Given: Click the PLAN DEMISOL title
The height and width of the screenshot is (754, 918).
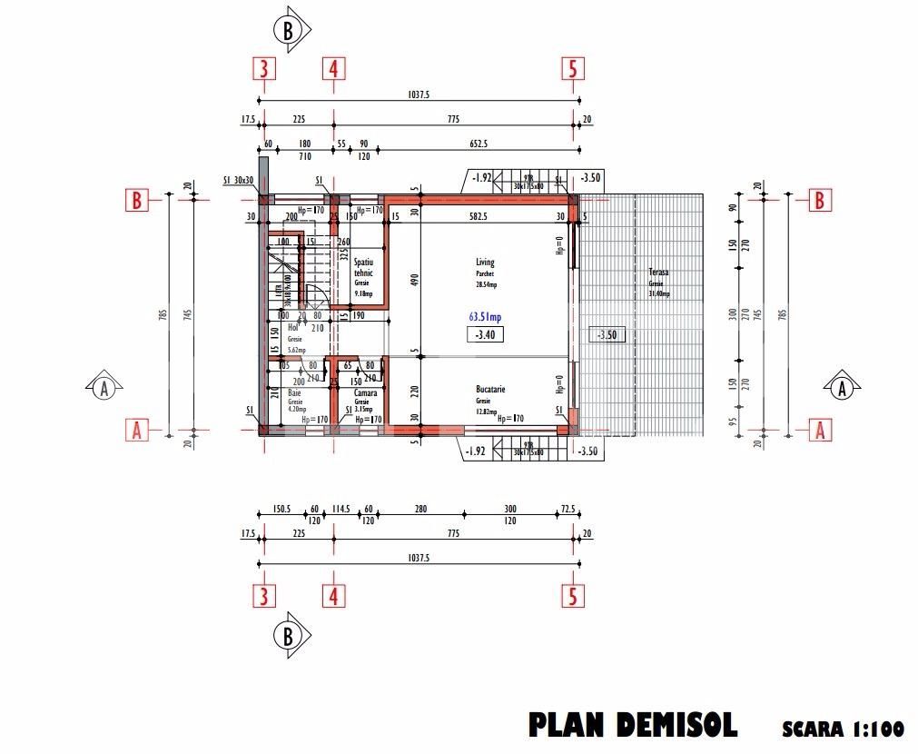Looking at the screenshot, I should pos(632,725).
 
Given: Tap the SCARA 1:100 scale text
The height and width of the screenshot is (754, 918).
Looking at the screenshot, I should pos(843,728).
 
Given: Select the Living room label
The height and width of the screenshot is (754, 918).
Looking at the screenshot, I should pos(485,263).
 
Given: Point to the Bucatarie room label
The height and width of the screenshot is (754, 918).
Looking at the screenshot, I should pos(490,389).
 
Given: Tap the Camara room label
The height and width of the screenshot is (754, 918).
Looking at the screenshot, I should pos(365,393).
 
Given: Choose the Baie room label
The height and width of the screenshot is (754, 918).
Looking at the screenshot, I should pos(294,393).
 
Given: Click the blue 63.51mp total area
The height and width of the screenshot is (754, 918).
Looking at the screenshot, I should pos(486,318).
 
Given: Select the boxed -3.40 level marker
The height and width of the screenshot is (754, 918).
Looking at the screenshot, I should pos(486,334).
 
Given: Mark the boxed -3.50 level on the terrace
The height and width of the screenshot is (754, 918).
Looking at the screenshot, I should pos(607,334).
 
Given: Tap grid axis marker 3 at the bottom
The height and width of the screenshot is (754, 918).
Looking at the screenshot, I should pos(263,595).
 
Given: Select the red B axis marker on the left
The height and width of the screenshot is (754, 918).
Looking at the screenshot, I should pos(136,200).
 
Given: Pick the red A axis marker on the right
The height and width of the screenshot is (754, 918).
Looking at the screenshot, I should pos(820,430).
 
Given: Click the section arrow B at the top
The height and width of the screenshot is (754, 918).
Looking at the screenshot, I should pos(290,30).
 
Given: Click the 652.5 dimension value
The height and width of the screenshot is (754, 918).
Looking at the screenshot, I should pos(478,144).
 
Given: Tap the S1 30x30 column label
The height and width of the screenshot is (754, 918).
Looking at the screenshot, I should pos(238,180).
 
